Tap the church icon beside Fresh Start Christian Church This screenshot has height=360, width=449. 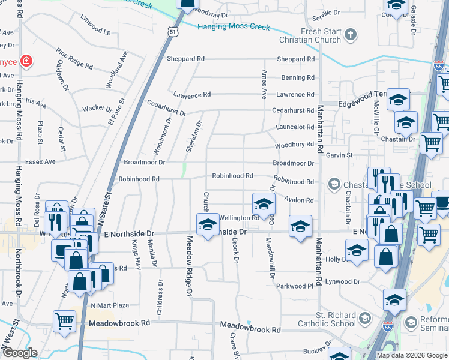pyautogui.click(x=351, y=35)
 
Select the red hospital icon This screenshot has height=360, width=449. pyautogui.click(x=26, y=61)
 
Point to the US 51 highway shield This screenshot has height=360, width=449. pyautogui.click(x=173, y=31)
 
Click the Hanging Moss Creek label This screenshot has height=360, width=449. pyautogui.click(x=235, y=27)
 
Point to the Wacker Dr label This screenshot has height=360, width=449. pyautogui.click(x=97, y=109)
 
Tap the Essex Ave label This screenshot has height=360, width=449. pyautogui.click(x=40, y=161)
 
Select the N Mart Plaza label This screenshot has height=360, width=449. pyautogui.click(x=110, y=305)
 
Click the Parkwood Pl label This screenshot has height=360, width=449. pyautogui.click(x=295, y=286)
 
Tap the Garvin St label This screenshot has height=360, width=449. pyautogui.click(x=339, y=155)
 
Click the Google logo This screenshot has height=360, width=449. pyautogui.click(x=20, y=353)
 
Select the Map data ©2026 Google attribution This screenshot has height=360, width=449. pyautogui.click(x=412, y=355)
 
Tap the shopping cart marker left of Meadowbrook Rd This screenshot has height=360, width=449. pyautogui.click(x=64, y=320)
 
